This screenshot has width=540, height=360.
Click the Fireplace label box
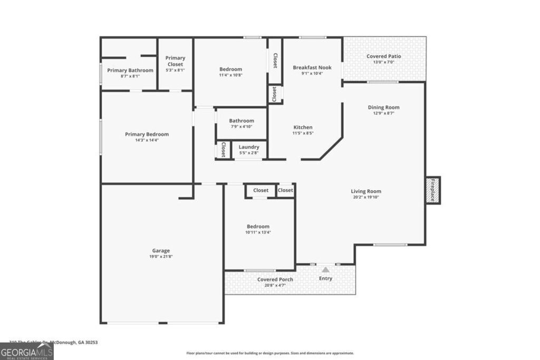click(433, 190)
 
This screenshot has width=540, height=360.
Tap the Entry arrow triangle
click(325, 269)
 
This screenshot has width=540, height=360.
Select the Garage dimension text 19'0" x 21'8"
click(161, 257)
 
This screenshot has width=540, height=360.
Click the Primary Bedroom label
click(147, 134)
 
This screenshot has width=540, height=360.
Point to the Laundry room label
click(249, 147)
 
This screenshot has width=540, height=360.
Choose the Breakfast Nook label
click(312, 67)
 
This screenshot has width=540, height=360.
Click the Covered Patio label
click(384, 56)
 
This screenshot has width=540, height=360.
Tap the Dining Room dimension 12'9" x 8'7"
click(384, 113)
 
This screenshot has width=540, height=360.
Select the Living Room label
click(366, 191)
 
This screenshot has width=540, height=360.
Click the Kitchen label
click(303, 127)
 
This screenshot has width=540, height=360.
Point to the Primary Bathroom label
click(130, 70)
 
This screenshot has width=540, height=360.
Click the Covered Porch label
click(275, 279)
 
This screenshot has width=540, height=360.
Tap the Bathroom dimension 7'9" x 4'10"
click(242, 127)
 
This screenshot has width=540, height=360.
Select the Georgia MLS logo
click(26, 352)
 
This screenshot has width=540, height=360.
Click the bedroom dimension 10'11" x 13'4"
click(258, 232)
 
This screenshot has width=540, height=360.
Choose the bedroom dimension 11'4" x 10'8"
click(230, 75)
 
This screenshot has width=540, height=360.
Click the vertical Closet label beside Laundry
click(223, 150)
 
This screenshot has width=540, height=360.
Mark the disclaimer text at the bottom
click(270, 353)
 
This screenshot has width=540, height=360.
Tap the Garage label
click(161, 250)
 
